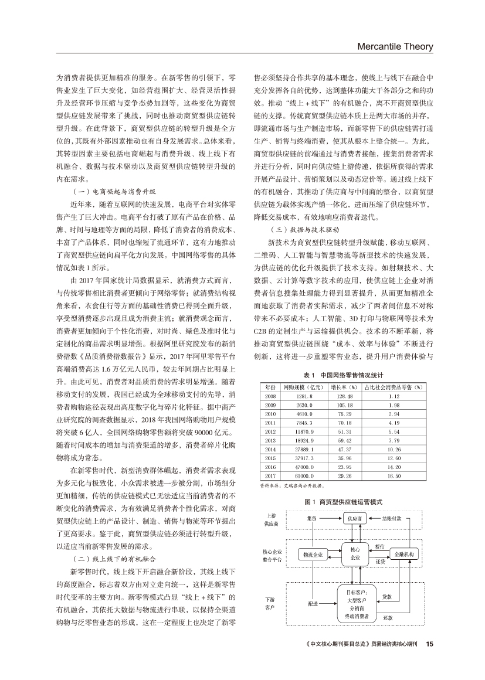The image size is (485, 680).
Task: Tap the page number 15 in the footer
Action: (x=429, y=644)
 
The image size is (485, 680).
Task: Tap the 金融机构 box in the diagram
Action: (x=405, y=554)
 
